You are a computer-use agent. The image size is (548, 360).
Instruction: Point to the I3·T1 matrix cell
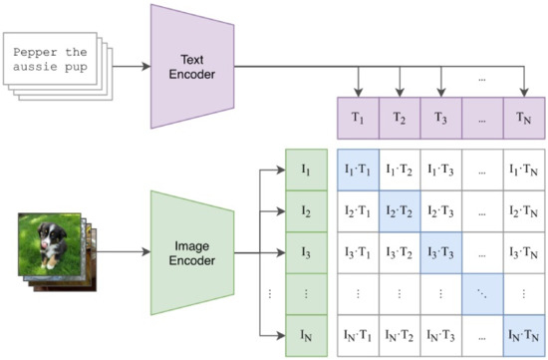point(359,250)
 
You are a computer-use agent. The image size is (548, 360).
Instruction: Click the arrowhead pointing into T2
point(400,91)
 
